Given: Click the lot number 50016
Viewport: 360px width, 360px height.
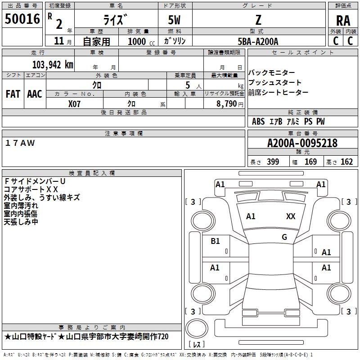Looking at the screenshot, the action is point(22,18).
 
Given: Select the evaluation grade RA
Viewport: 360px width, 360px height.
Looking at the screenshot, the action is point(343,21).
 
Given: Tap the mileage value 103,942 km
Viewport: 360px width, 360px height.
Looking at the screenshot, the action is point(53,65).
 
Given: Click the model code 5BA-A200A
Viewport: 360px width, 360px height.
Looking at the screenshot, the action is point(258,41).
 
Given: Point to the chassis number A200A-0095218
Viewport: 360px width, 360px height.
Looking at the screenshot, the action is point(302,143).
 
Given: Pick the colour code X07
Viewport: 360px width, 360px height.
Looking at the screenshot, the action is point(74,104).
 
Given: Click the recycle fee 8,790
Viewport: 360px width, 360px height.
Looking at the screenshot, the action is point(226,103).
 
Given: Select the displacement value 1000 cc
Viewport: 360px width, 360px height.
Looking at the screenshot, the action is point(141,41).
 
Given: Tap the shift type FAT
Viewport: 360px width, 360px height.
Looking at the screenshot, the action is point(13,94).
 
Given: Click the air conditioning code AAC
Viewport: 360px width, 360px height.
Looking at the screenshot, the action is point(35,94).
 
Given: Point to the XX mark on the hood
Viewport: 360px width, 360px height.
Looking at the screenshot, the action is point(291,216).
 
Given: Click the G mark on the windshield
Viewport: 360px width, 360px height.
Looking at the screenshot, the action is point(284,237).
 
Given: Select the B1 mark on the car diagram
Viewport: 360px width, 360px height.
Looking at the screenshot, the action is point(215,241).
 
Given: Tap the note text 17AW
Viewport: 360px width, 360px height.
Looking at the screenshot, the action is point(20,143).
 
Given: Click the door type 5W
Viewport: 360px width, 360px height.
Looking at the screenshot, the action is point(174,20).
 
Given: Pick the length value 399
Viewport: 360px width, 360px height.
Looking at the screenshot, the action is point(273,162).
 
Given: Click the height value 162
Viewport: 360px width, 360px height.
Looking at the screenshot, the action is point(346,162).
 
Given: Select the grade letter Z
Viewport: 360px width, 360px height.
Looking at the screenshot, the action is point(258,20).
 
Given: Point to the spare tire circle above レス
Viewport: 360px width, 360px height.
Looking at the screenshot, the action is point(197,328).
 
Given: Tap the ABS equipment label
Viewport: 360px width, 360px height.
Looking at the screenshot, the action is point(258,121).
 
